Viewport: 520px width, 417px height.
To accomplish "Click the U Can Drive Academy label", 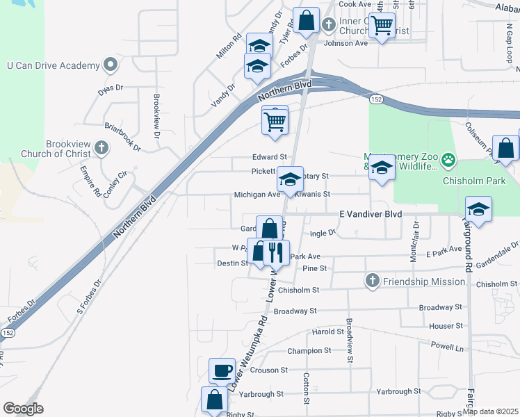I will coord(54,65).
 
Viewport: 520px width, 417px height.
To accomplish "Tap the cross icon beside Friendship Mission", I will coord(373,281).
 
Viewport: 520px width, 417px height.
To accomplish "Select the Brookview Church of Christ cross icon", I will coord(101,147).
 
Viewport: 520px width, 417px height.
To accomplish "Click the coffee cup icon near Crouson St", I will coord(222,370).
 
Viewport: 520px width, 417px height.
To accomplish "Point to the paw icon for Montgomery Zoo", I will coord(448,160).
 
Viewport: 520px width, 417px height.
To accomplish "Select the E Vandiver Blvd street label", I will coord(371,215).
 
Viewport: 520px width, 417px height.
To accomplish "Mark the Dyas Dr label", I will coord(110,88).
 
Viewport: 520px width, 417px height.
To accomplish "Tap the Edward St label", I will coord(270,157).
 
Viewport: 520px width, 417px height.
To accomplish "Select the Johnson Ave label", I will coord(346,43).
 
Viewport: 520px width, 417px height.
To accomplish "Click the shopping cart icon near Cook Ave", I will coord(382,26).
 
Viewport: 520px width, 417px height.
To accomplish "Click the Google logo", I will coord(23,409).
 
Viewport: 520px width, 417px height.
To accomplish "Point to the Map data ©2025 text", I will coord(490,411).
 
